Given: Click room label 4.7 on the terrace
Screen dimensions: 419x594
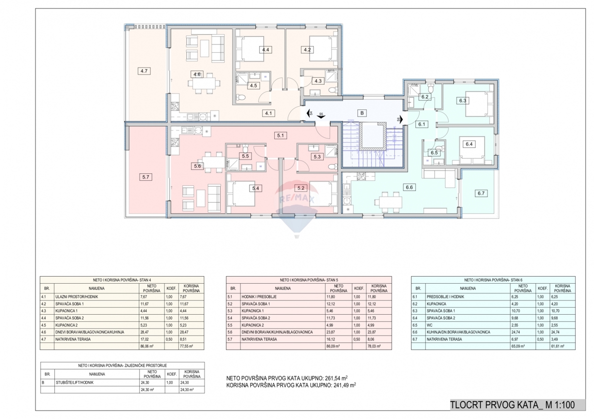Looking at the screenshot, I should (x=145, y=71).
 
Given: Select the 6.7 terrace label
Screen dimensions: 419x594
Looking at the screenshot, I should (x=480, y=193).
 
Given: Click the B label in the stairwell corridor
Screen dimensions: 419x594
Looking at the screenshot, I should (x=362, y=113).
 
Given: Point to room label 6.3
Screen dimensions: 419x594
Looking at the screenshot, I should (x=463, y=101).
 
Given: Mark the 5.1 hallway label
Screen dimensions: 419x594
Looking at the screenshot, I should (x=280, y=135).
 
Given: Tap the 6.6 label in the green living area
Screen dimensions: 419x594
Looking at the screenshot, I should (x=409, y=188).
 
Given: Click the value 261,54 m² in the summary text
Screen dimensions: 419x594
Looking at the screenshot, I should (x=339, y=377).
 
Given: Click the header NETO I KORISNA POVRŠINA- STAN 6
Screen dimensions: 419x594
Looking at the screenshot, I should (x=494, y=280).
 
